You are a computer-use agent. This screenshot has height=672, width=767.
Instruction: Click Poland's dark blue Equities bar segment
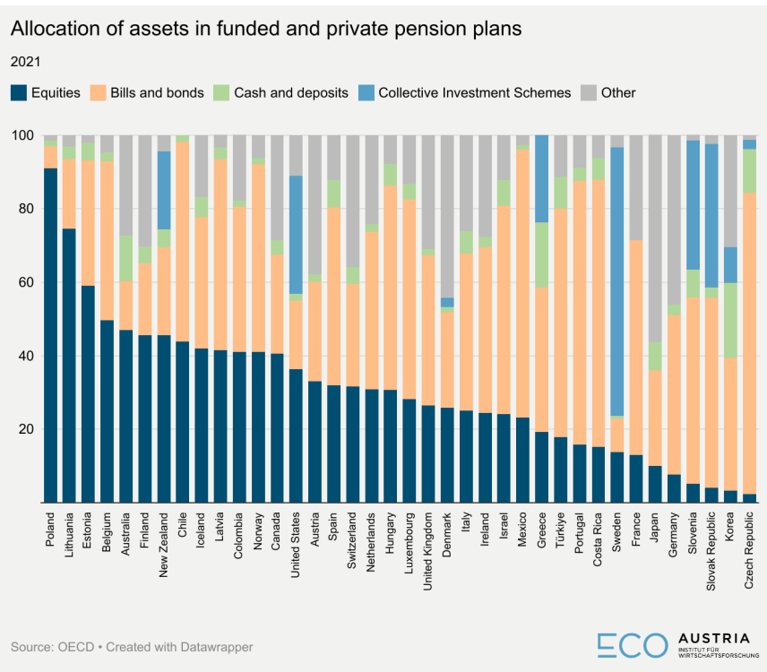tap(50, 335)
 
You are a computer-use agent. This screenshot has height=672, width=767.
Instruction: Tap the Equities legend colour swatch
tap(19, 92)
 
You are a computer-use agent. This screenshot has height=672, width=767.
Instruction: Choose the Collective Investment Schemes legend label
tap(474, 92)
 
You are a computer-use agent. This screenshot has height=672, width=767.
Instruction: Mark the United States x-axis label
tap(296, 551)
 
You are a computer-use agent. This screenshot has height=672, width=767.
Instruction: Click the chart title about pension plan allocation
tap(265, 30)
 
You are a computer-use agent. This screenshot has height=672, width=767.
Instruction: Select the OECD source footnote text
tap(133, 646)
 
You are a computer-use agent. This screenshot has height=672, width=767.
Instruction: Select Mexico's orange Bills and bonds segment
tap(522, 283)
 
